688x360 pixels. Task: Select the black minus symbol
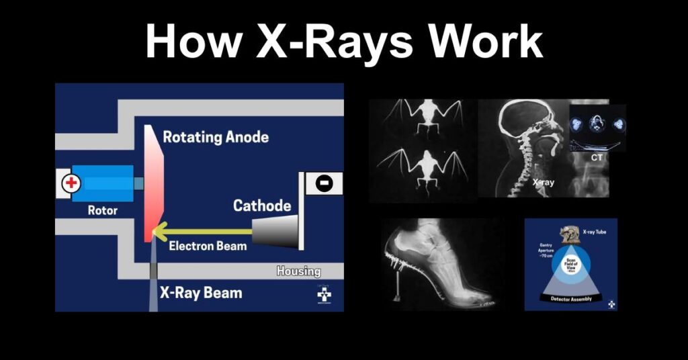click(x=323, y=183)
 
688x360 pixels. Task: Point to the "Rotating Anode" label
click(x=216, y=137)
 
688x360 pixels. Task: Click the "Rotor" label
click(x=103, y=210)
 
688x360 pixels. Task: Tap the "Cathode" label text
click(x=261, y=206)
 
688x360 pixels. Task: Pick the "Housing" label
click(x=298, y=272)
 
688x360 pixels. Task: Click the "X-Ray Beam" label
click(x=201, y=294)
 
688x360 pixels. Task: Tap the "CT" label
click(x=597, y=158)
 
